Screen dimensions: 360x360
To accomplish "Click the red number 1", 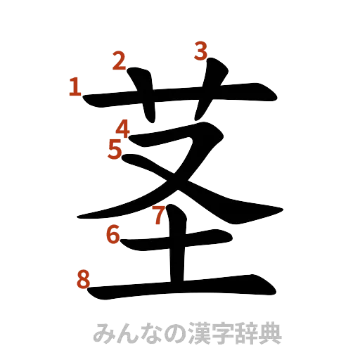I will coord(75,87).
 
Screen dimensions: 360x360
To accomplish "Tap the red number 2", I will coord(120,62).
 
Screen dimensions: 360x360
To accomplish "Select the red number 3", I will coord(201,51).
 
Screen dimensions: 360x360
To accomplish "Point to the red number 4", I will coord(124,129).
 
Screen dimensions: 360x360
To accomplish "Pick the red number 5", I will coord(115,148).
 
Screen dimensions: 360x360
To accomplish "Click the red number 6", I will coord(112,234).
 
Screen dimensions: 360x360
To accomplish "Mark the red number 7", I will coord(160,214).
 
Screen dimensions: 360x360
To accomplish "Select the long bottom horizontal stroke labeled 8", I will coord(183,288).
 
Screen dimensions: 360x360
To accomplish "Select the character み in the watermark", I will coord(103,333).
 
